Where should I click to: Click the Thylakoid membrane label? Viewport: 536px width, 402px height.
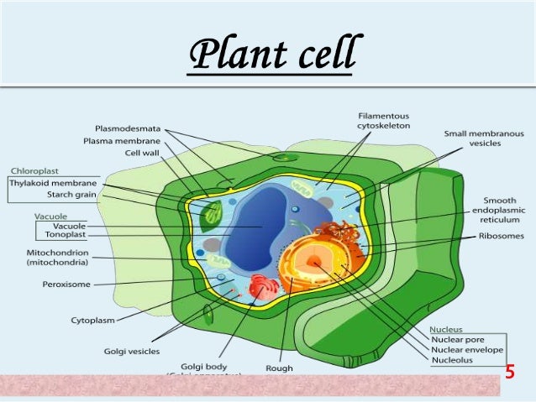point(52,183)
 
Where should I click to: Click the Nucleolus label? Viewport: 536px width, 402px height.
point(453,360)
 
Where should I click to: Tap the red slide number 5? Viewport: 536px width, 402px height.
point(509,372)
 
